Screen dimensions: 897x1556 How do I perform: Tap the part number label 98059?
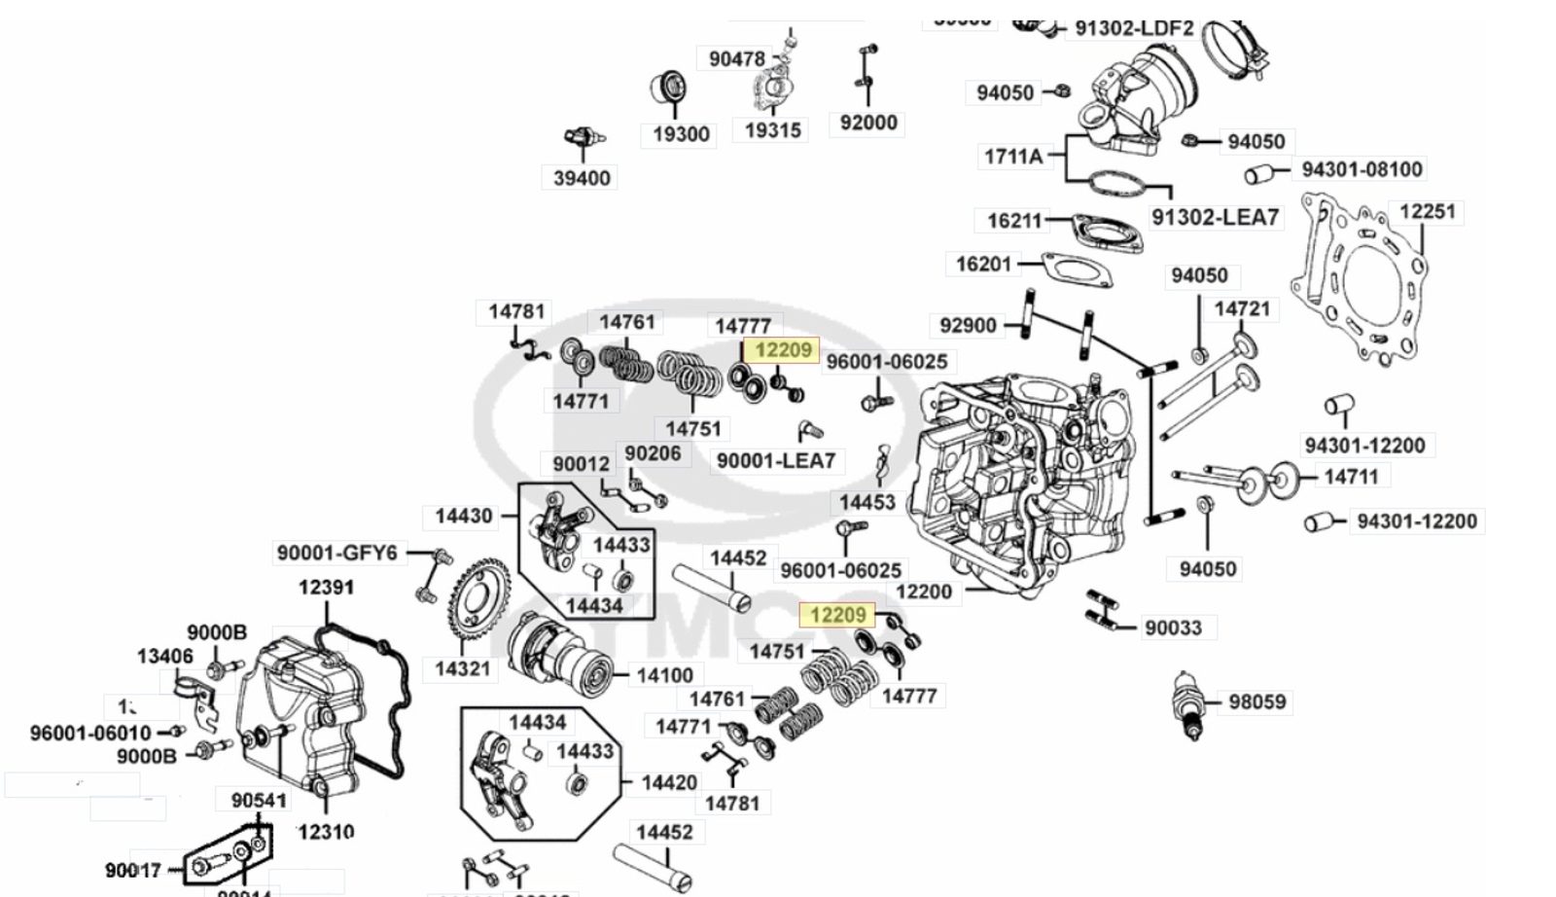(1256, 701)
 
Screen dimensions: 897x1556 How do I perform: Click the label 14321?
(462, 668)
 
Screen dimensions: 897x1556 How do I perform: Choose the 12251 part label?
(1427, 211)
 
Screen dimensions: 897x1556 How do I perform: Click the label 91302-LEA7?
(1215, 217)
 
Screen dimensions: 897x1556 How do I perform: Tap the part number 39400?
(582, 178)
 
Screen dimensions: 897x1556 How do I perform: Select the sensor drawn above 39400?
(583, 138)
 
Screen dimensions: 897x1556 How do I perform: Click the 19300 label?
(681, 133)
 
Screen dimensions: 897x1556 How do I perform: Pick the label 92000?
(868, 123)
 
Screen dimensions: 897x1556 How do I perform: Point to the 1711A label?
(1012, 156)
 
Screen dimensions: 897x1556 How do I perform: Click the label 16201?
(983, 264)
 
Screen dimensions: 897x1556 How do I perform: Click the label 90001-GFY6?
(336, 553)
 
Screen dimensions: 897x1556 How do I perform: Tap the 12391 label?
(326, 587)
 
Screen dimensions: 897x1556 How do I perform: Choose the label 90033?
(1173, 628)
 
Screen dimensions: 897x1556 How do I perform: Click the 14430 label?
(464, 516)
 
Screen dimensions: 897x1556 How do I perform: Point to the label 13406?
(164, 657)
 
